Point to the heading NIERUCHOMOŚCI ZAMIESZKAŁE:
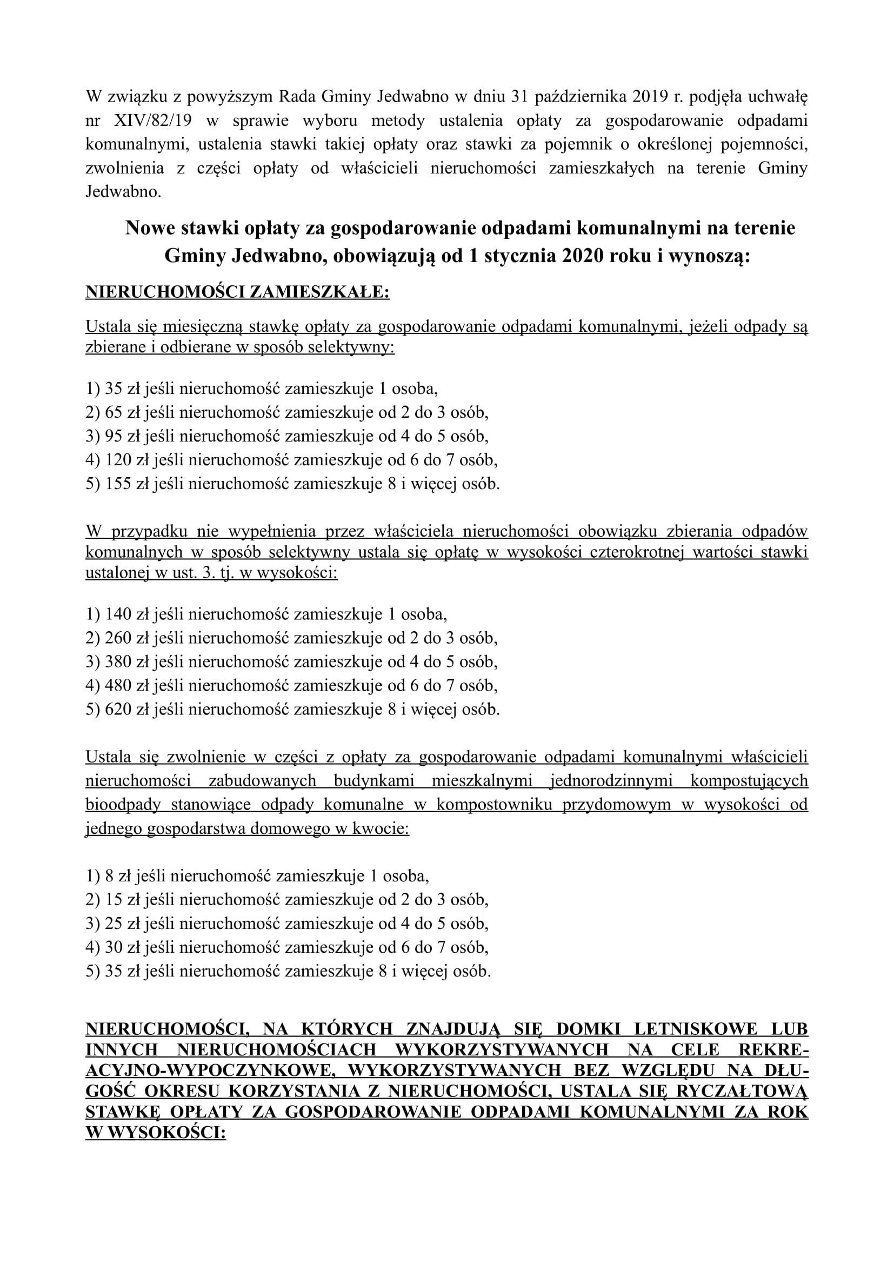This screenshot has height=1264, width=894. [x=237, y=292]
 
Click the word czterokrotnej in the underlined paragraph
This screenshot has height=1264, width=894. [x=637, y=553]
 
